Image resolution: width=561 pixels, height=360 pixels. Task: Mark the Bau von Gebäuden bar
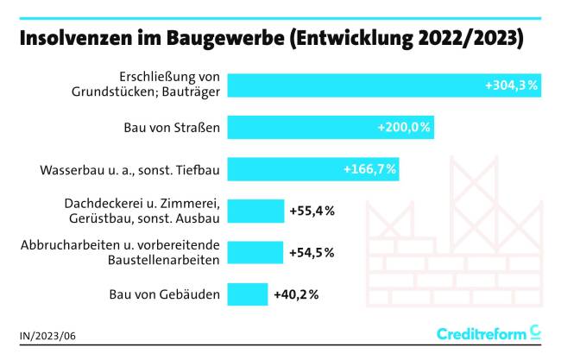pyautogui.click(x=248, y=294)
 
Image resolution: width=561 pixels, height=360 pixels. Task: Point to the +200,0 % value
pyautogui.click(x=404, y=128)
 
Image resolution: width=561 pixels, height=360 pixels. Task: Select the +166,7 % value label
pyautogui.click(x=369, y=169)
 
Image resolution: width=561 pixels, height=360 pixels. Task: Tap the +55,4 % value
pyautogui.click(x=312, y=211)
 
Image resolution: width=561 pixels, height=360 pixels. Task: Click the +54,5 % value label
pyautogui.click(x=312, y=252)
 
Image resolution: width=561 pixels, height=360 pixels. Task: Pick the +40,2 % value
pyautogui.click(x=296, y=294)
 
